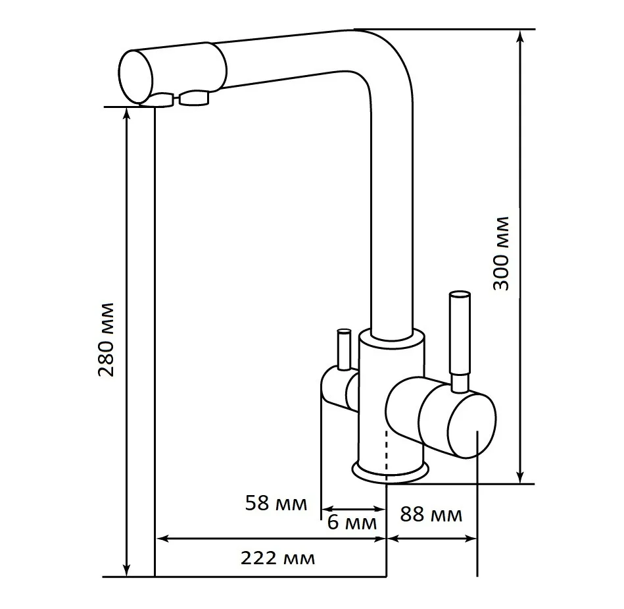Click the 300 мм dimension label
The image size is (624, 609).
tap(500, 253)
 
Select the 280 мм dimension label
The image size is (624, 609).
tap(107, 340)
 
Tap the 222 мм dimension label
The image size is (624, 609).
tap(277, 558)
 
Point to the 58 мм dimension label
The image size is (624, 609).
tap(276, 503)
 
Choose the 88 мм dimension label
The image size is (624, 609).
tap(431, 514)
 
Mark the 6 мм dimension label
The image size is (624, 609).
tap(352, 523)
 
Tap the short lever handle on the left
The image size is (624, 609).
tap(343, 350)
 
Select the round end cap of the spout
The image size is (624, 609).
tap(135, 77)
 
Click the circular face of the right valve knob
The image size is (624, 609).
tap(471, 426)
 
